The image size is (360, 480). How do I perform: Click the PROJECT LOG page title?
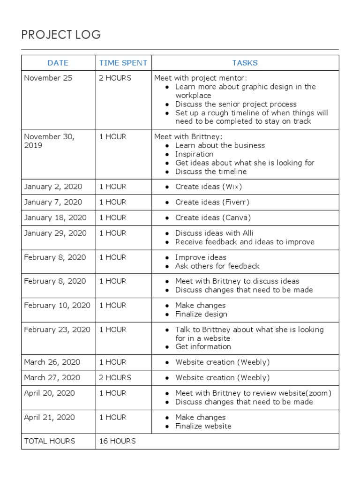tap(61, 35)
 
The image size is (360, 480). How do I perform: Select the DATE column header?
tap(58, 63)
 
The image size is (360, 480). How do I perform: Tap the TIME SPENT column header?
tap(123, 63)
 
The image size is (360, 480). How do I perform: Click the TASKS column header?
tap(245, 63)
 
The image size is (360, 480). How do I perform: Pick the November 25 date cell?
tap(48, 78)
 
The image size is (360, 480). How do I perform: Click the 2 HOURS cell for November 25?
tap(115, 78)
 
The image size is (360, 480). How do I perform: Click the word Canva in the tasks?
tap(237, 217)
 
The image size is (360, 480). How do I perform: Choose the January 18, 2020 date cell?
tap(55, 217)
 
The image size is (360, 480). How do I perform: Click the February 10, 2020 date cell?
tap(57, 305)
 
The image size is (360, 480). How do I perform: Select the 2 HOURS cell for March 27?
tap(115, 377)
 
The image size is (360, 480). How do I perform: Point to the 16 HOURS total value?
tap(117, 441)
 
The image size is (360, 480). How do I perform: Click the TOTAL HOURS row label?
tap(50, 441)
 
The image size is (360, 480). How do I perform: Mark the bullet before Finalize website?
tap(168, 427)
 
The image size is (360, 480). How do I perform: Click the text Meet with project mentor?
tap(200, 78)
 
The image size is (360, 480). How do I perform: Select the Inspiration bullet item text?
tap(194, 154)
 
